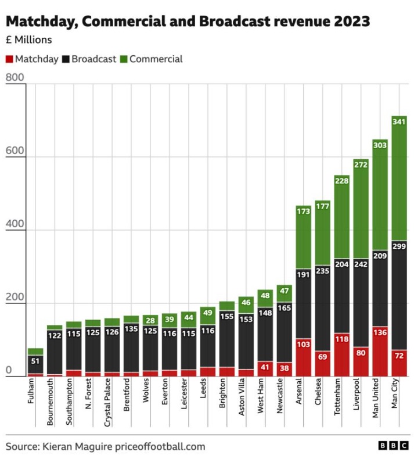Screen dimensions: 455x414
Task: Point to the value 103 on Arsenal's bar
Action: click(x=303, y=345)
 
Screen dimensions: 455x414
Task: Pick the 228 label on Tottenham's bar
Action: click(x=341, y=181)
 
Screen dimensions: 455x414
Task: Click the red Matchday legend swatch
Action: click(x=9, y=59)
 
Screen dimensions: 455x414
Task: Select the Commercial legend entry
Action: click(x=156, y=59)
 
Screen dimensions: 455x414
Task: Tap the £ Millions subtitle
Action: click(x=28, y=40)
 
